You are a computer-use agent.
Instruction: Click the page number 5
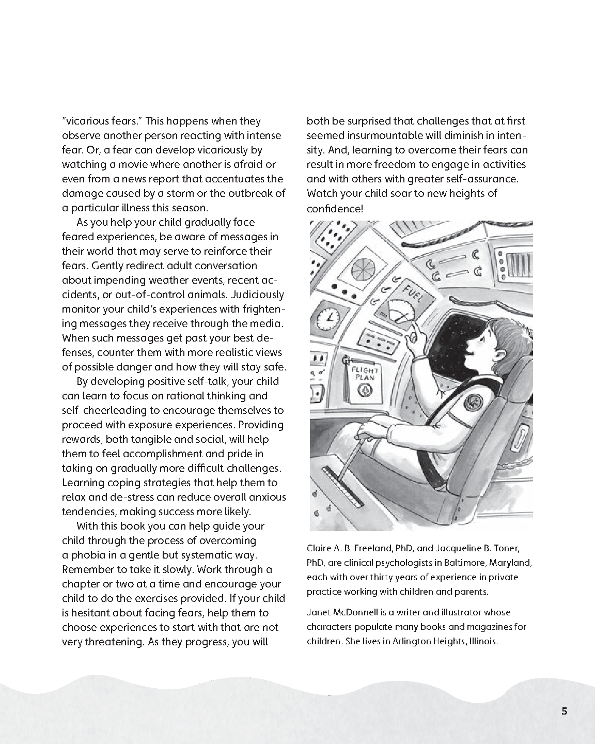coord(564,711)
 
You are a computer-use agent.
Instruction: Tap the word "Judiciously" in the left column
coord(258,295)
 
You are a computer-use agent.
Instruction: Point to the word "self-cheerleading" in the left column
coord(106,411)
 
